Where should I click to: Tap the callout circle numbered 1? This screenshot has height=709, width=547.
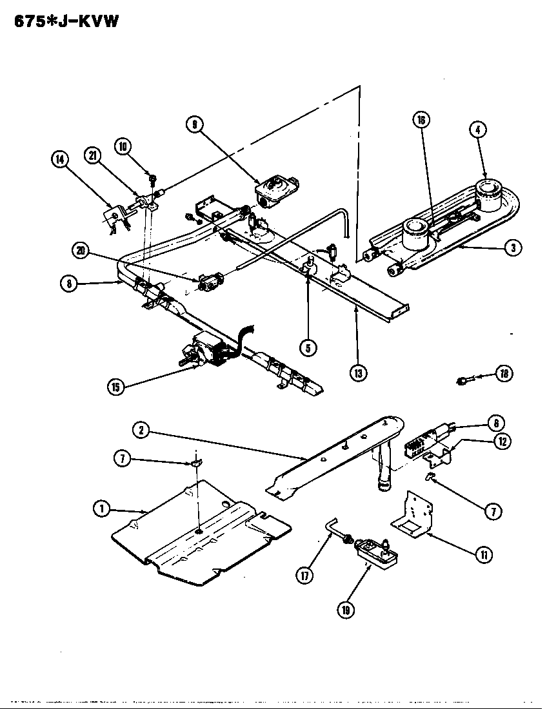[x=101, y=509]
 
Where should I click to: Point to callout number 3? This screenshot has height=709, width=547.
[x=513, y=248]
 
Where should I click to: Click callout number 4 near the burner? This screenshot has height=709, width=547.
[x=477, y=130]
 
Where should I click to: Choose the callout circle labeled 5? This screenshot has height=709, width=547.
[x=308, y=348]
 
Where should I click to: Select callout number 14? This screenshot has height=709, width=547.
[x=61, y=159]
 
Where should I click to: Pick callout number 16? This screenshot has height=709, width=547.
[x=421, y=119]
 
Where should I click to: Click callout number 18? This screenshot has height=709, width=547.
[x=504, y=373]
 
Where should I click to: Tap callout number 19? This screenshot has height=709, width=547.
[x=348, y=609]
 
